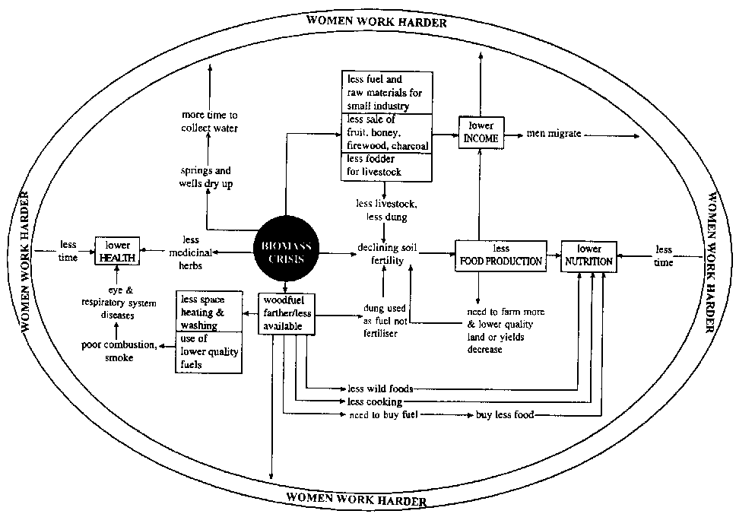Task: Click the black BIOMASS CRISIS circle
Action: pyautogui.click(x=287, y=252)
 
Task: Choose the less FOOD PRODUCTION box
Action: pyautogui.click(x=500, y=255)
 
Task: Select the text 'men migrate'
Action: pyautogui.click(x=554, y=134)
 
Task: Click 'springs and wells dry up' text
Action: pyautogui.click(x=205, y=177)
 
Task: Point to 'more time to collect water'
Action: pyautogui.click(x=209, y=122)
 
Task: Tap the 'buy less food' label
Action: pyautogui.click(x=505, y=415)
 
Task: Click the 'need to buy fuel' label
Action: pyautogui.click(x=384, y=415)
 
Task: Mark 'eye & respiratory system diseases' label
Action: pyautogui.click(x=119, y=303)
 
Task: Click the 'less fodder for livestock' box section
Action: pyautogui.click(x=386, y=166)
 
